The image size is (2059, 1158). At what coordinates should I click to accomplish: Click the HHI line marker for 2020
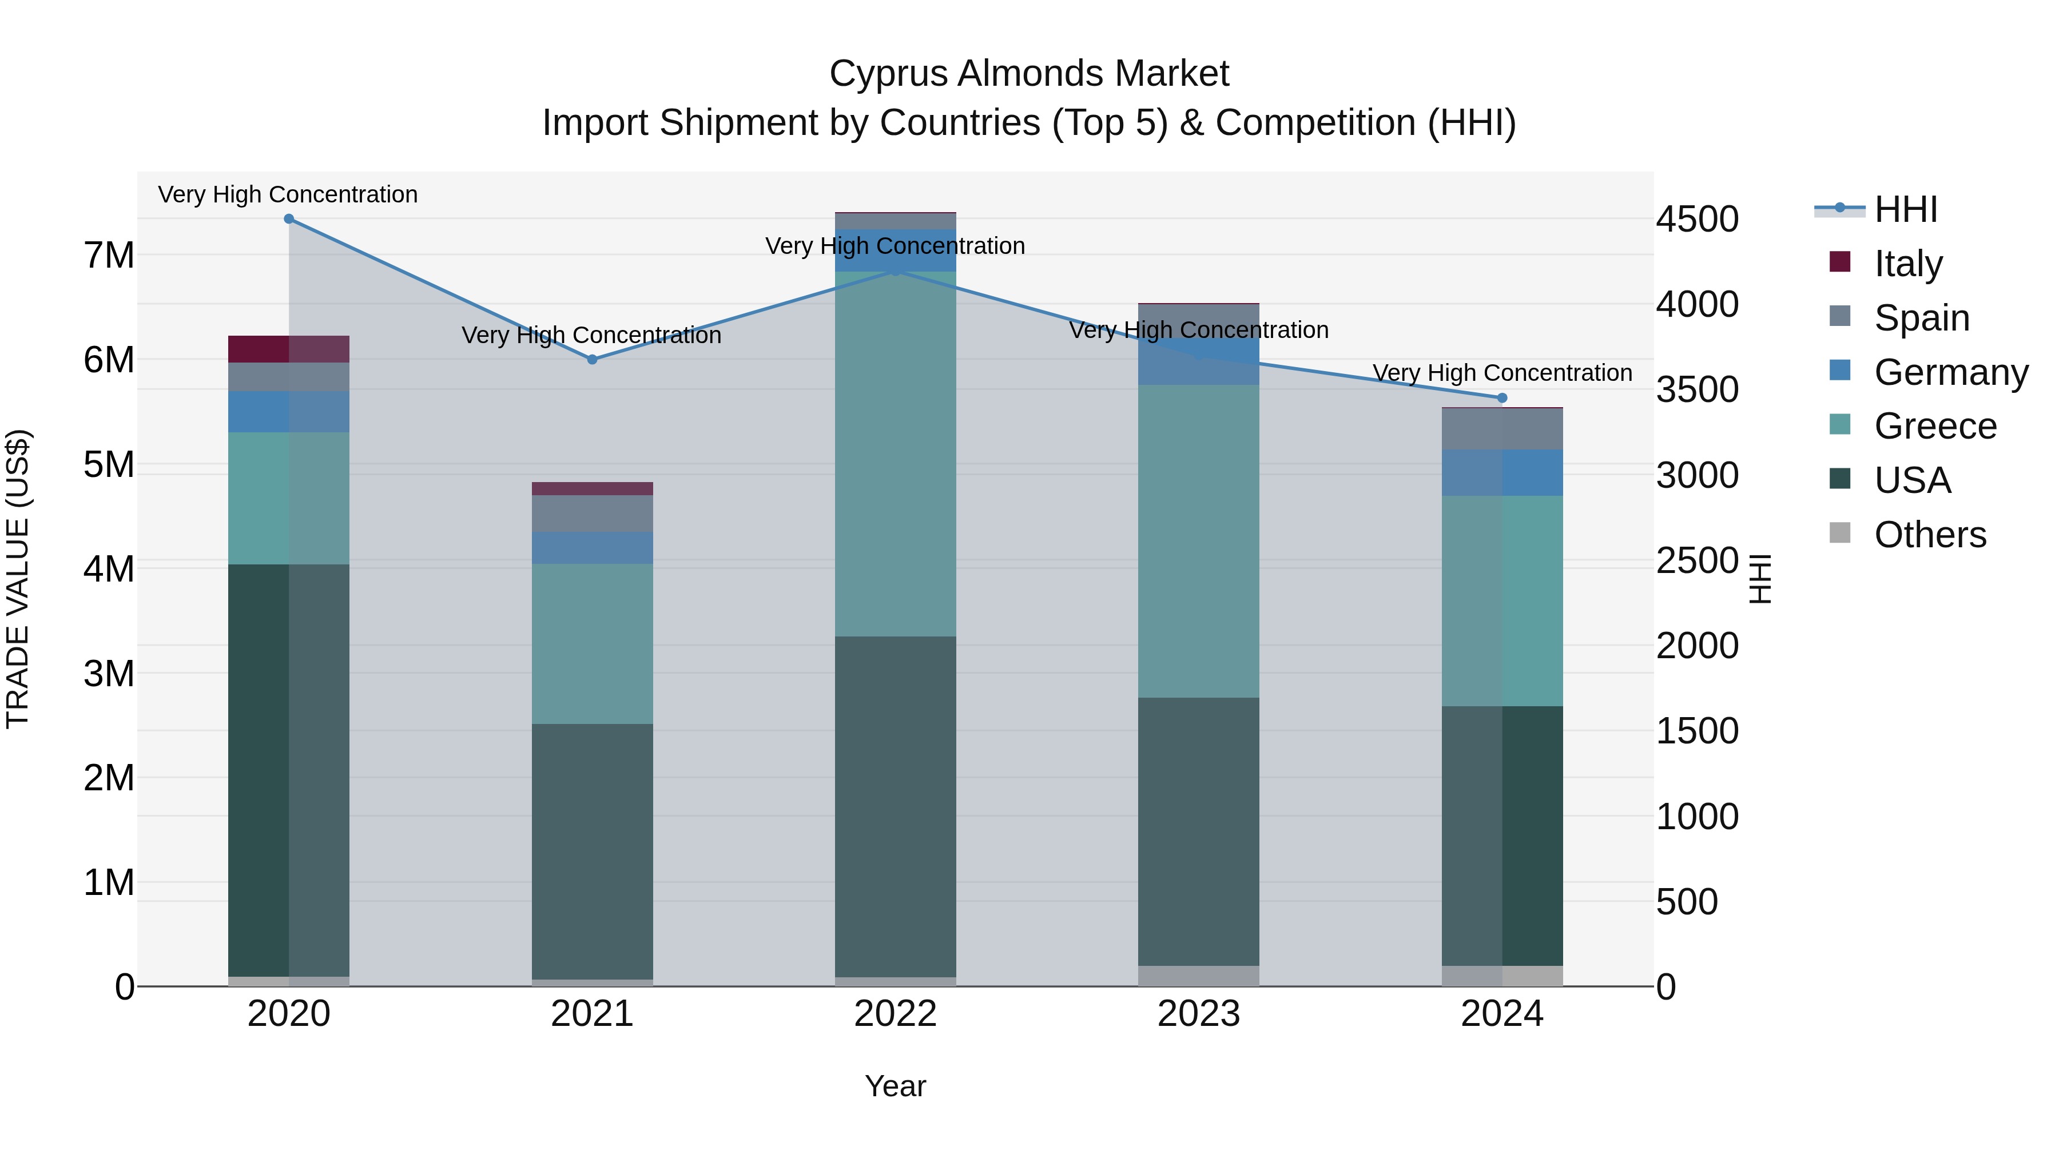pyautogui.click(x=289, y=219)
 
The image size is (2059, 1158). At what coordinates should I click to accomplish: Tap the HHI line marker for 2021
pyautogui.click(x=593, y=360)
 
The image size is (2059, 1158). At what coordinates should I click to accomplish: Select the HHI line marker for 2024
pyautogui.click(x=1502, y=398)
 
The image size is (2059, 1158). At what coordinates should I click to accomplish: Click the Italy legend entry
pyautogui.click(x=1908, y=263)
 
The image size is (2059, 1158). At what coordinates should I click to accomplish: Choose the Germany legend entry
pyautogui.click(x=1950, y=372)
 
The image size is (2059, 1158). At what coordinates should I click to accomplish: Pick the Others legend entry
pyautogui.click(x=1930, y=535)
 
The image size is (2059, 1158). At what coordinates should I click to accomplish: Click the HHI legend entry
pyautogui.click(x=1906, y=209)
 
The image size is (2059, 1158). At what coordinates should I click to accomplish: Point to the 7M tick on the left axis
pyautogui.click(x=109, y=256)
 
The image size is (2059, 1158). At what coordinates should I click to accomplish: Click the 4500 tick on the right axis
pyautogui.click(x=1697, y=219)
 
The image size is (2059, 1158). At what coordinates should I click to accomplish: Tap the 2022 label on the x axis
pyautogui.click(x=895, y=1014)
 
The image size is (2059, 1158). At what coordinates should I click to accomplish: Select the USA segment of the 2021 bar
pyautogui.click(x=593, y=851)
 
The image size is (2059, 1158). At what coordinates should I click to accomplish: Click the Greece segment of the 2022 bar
pyautogui.click(x=895, y=454)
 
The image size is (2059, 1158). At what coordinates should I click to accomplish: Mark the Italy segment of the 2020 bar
pyautogui.click(x=289, y=349)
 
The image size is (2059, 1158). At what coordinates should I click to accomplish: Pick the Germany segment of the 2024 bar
pyautogui.click(x=1502, y=472)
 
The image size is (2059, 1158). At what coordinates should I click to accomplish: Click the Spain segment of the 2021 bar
pyautogui.click(x=593, y=514)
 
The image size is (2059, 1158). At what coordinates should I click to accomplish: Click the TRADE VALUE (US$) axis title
pyautogui.click(x=18, y=579)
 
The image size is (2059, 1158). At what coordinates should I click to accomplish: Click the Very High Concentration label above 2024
pyautogui.click(x=1502, y=373)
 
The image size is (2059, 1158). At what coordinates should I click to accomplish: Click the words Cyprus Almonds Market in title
pyautogui.click(x=1029, y=74)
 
